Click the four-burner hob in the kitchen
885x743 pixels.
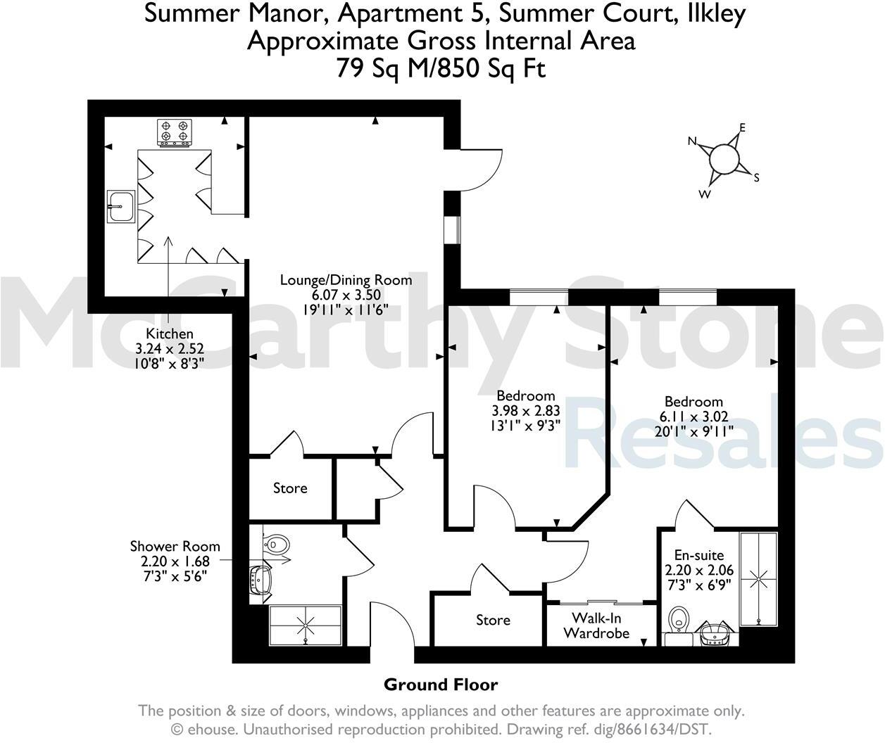pyautogui.click(x=175, y=132)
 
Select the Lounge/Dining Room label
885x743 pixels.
pyautogui.click(x=346, y=279)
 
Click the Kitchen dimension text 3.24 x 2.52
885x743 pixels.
pyautogui.click(x=170, y=348)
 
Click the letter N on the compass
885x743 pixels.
pyautogui.click(x=692, y=141)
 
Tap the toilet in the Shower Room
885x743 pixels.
pyautogui.click(x=276, y=543)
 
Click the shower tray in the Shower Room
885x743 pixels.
pyautogui.click(x=306, y=624)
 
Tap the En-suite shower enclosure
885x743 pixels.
pyautogui.click(x=758, y=579)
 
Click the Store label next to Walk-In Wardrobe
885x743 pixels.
pyautogui.click(x=493, y=620)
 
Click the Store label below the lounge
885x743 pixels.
pyautogui.click(x=290, y=488)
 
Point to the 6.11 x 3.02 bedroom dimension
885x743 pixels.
pyautogui.click(x=693, y=416)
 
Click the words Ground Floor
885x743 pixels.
pyautogui.click(x=441, y=685)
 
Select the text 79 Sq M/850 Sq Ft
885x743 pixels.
pyautogui.click(x=441, y=69)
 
